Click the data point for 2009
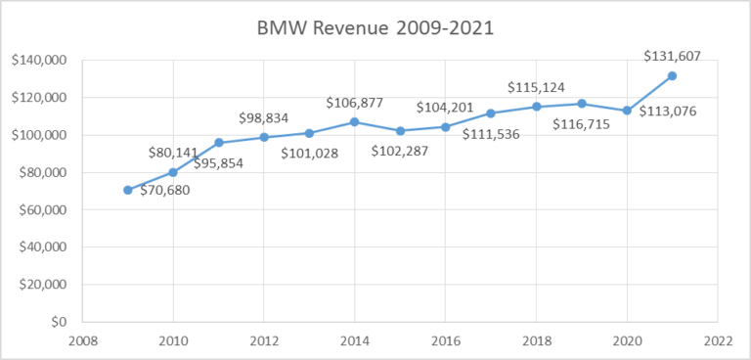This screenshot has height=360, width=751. pyautogui.click(x=128, y=190)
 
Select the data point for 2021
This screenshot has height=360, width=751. pyautogui.click(x=672, y=75)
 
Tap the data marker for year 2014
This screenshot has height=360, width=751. pyautogui.click(x=355, y=122)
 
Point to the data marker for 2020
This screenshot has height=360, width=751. pyautogui.click(x=627, y=111)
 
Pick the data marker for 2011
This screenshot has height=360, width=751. pyautogui.click(x=219, y=143)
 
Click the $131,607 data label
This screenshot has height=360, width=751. pyautogui.click(x=673, y=57)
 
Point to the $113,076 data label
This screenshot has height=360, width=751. pyautogui.click(x=668, y=111)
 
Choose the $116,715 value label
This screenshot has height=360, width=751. pyautogui.click(x=579, y=124)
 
